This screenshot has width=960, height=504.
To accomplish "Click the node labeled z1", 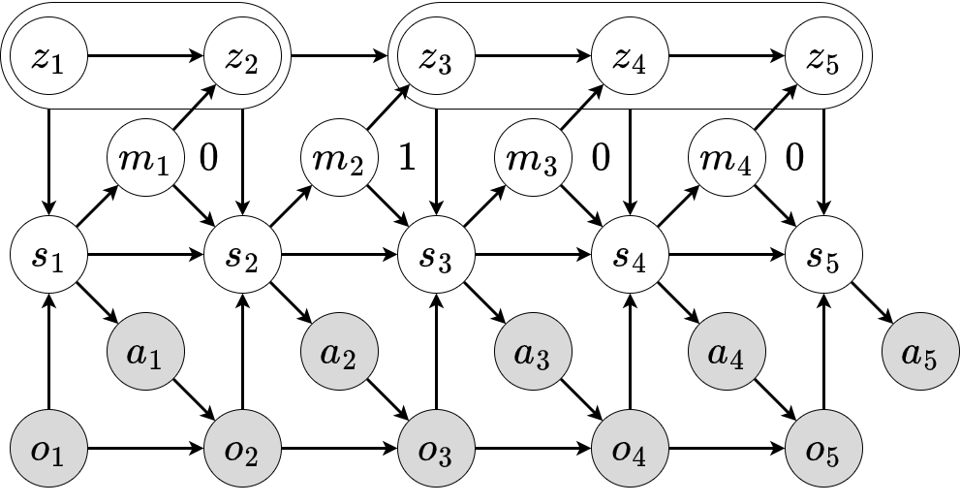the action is (49, 56).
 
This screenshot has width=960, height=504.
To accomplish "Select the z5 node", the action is (823, 56).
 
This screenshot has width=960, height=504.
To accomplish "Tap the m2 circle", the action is (339, 158).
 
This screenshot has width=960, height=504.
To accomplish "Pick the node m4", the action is (727, 158).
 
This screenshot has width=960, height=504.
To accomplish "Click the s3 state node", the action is (437, 254).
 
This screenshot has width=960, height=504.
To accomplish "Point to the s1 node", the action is (49, 254).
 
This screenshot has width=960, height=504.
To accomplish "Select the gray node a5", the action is (921, 352).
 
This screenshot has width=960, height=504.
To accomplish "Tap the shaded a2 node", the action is (339, 352).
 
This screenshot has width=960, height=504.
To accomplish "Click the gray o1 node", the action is (49, 449).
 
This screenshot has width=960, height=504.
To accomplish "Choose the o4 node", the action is (630, 449).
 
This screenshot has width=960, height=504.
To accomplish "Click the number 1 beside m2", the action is (407, 157).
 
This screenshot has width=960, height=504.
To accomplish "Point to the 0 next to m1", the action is (209, 157).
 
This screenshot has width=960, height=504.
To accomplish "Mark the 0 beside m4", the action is (794, 157).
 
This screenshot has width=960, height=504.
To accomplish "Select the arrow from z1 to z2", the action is (145, 56).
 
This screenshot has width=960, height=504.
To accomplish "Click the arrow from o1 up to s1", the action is (49, 352).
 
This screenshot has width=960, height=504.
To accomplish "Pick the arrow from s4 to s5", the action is (727, 254).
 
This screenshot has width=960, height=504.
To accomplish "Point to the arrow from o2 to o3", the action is (339, 449).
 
